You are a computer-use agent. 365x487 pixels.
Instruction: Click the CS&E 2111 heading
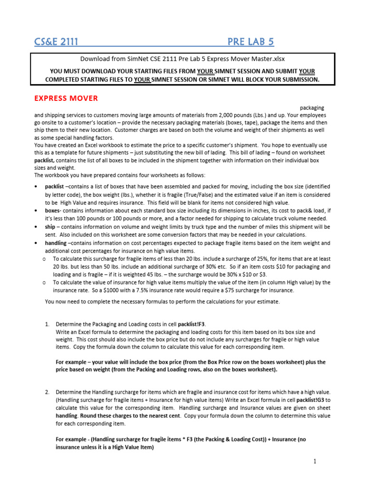(x=56, y=42)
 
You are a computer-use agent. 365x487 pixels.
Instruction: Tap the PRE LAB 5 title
(x=251, y=42)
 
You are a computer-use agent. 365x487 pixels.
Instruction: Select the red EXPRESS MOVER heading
(x=66, y=98)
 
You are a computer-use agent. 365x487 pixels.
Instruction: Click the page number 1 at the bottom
(x=315, y=461)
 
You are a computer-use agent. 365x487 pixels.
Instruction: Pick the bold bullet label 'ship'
(x=51, y=227)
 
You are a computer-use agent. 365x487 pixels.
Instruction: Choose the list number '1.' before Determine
(x=48, y=324)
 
